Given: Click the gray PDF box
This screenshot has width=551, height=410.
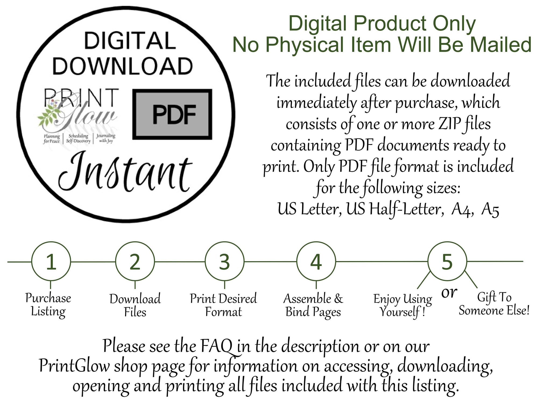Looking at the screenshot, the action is coord(172,114).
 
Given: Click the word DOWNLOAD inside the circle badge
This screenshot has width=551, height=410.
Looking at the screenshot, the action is coord(122,66).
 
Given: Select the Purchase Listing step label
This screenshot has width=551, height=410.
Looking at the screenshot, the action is coord(48,305).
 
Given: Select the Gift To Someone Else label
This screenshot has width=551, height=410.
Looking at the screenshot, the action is coord(494,304).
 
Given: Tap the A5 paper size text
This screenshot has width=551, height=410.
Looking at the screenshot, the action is coord(490,209).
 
